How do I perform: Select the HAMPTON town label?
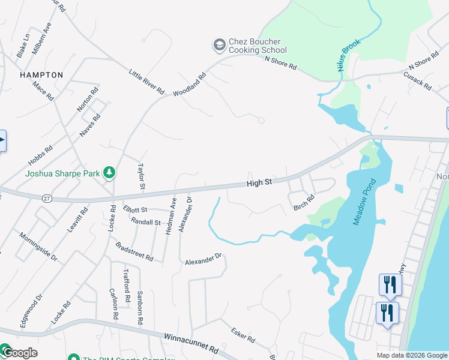(41, 75)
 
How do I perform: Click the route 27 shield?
(46, 197)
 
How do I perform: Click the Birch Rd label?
(304, 203)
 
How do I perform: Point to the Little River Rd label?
(146, 82)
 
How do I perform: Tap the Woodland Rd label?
(190, 85)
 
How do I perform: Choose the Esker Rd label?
(243, 335)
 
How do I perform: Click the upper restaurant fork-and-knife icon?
(390, 284)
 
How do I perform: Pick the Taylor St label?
(142, 175)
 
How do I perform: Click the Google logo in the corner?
(19, 353)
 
